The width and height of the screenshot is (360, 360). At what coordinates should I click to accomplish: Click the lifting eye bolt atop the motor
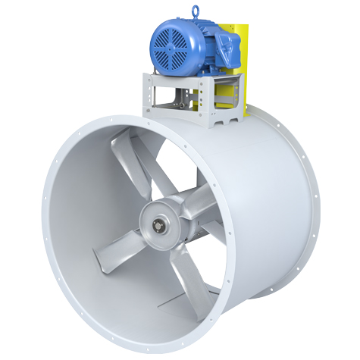click(x=199, y=11)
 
